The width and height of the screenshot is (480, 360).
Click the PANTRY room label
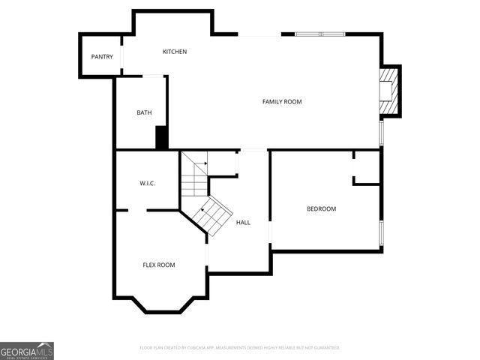coord(102,57)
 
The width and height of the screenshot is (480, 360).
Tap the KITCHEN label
coord(175,52)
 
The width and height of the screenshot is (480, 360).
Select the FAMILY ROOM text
coord(281,101)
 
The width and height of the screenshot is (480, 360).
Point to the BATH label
coord(144,113)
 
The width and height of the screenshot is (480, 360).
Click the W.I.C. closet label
coord(147,184)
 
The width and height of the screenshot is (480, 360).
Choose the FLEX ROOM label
coord(159,265)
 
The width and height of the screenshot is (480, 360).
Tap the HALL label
coord(243,223)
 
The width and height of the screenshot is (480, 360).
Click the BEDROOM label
coord(321,208)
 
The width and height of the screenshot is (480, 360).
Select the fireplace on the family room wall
coord(389,91)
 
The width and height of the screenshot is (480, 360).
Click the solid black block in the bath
coord(160,138)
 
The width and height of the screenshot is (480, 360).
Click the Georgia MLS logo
coord(27,351)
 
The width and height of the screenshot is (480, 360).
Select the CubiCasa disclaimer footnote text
coord(240,348)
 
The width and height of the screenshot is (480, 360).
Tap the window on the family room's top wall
coord(319,34)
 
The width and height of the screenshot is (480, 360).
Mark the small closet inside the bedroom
coord(367,168)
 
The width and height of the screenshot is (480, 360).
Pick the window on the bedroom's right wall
coord(382,233)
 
